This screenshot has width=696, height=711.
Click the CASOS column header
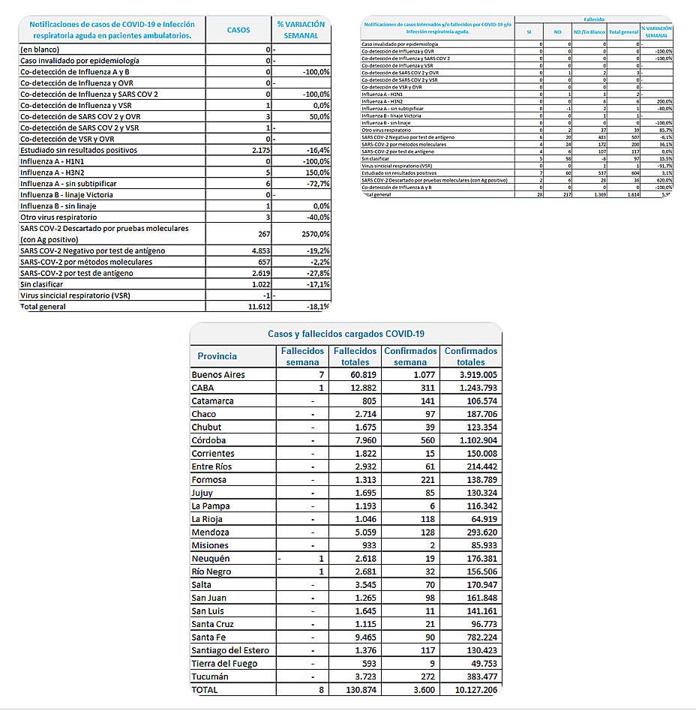click(x=238, y=29)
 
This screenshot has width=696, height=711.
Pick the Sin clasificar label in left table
click(x=42, y=284)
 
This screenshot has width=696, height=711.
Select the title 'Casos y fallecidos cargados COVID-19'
click(x=345, y=334)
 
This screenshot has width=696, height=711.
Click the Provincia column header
click(x=217, y=356)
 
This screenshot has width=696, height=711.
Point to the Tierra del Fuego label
click(x=225, y=663)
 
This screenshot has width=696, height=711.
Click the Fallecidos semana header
click(x=302, y=356)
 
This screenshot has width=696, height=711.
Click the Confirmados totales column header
click(x=470, y=356)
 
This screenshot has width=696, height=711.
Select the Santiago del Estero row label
click(x=230, y=650)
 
